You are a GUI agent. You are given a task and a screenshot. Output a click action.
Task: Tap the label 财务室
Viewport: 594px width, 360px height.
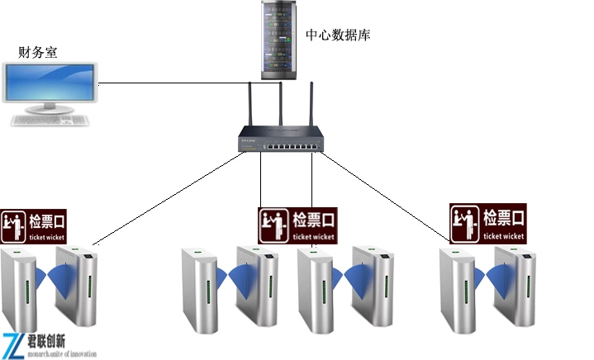38,52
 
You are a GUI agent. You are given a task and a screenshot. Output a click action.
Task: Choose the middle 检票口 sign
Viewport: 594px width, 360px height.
297,225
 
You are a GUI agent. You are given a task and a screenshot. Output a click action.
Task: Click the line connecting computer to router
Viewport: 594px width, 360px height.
182,83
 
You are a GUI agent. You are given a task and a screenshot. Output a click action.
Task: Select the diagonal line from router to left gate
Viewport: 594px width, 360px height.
165,200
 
